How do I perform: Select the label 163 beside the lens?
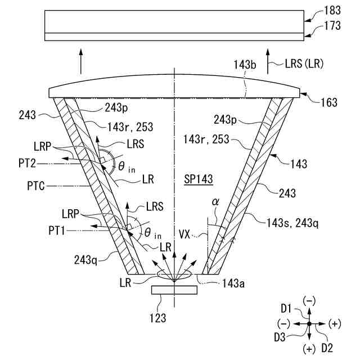pyautogui.click(x=328, y=102)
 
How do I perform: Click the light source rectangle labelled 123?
pyautogui.click(x=174, y=290)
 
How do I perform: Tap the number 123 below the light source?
pyautogui.click(x=158, y=318)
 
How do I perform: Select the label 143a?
pyautogui.click(x=233, y=284)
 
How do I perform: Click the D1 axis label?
pyautogui.click(x=287, y=308)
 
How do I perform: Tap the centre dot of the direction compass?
pyautogui.click(x=309, y=324)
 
